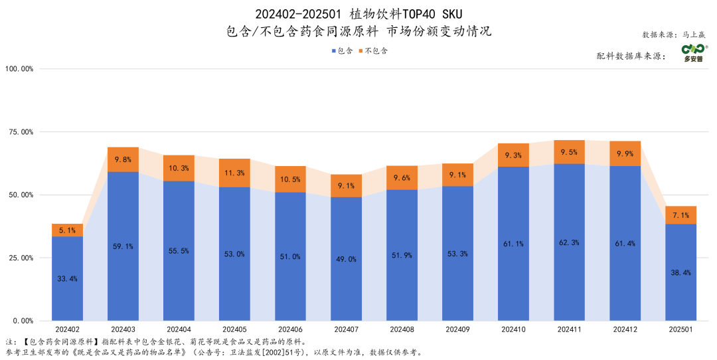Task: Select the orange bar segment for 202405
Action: click(x=234, y=173)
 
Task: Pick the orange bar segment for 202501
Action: click(x=680, y=215)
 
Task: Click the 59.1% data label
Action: click(x=123, y=246)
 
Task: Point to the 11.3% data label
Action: click(x=234, y=173)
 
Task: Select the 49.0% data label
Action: click(x=346, y=259)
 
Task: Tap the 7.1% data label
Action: click(x=680, y=215)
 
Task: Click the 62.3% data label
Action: click(x=569, y=242)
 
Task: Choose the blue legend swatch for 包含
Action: click(x=333, y=51)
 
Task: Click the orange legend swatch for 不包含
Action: click(x=361, y=51)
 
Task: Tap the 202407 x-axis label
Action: click(x=346, y=329)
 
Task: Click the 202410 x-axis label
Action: click(x=513, y=329)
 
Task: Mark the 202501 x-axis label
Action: click(x=680, y=329)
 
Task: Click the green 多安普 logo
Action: click(x=694, y=52)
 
